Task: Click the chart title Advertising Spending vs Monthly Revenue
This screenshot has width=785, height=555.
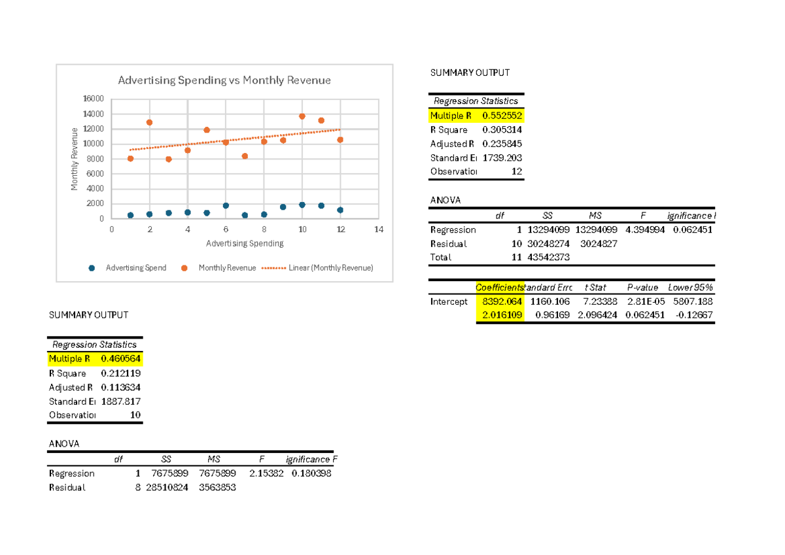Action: click(224, 80)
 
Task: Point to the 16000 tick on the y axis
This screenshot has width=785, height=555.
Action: click(94, 99)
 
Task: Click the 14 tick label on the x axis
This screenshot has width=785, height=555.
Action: click(379, 230)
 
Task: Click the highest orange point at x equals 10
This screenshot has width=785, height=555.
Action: click(302, 116)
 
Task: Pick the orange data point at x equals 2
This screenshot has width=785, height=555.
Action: click(149, 122)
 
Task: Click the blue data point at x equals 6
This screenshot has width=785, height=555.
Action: click(226, 205)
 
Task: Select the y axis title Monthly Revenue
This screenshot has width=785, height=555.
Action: click(75, 159)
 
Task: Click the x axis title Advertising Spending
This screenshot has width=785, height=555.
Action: click(245, 244)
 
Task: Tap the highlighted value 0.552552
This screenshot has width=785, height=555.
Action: click(502, 116)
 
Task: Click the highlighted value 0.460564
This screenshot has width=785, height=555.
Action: click(120, 359)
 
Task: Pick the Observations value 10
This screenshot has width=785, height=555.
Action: click(135, 415)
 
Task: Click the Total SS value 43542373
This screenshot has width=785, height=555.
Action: click(548, 257)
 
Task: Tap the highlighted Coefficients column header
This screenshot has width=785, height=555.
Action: click(500, 288)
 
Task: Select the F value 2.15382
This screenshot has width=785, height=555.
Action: click(266, 473)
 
